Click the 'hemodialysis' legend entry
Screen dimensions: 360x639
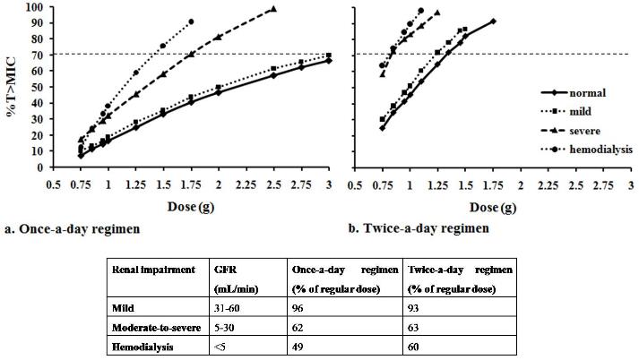(592, 148)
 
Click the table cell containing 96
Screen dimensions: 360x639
(300, 305)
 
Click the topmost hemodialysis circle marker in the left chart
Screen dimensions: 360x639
(191, 21)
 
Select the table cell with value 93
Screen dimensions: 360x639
(414, 305)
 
